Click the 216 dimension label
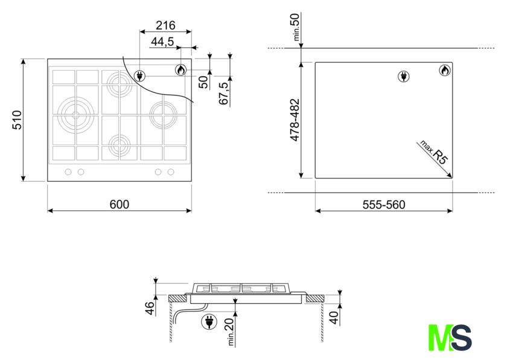click(165, 25)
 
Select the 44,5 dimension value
click(162, 42)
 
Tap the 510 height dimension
click(17, 120)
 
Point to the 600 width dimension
click(120, 204)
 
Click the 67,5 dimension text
click(223, 93)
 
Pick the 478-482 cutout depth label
click(295, 120)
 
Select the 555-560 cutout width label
click(384, 205)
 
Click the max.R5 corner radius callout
click(434, 152)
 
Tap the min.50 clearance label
click(296, 27)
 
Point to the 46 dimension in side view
click(150, 308)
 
